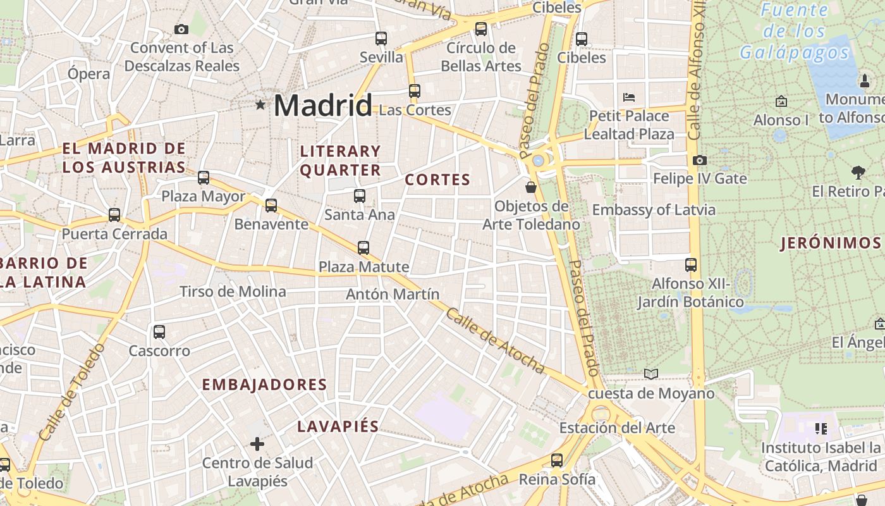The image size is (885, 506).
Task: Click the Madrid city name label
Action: point(322,105)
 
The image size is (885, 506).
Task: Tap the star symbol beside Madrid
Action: point(260,104)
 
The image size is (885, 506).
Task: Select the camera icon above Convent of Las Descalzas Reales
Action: point(181,29)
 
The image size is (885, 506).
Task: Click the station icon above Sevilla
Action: point(381,38)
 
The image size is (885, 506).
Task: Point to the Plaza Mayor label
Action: point(203,196)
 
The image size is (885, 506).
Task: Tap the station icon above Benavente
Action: point(271,205)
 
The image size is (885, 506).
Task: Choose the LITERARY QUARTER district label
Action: point(340,161)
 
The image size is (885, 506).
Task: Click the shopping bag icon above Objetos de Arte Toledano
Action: point(531,187)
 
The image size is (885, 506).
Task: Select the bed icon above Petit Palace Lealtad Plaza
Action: point(629,97)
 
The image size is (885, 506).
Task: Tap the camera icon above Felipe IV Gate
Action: point(699,160)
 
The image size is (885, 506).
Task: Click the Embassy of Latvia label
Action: point(654,210)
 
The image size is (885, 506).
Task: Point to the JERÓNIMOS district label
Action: point(831,243)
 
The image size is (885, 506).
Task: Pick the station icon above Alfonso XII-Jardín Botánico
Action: point(691,264)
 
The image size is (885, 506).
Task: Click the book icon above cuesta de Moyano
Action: point(651,374)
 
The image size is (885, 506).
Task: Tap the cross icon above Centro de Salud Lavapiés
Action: point(257,444)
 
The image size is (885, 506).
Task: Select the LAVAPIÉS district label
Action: point(338,426)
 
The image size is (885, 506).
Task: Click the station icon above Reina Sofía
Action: point(557,460)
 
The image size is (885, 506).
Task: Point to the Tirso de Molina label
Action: point(233,292)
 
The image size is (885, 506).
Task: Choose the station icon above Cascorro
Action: point(159,331)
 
